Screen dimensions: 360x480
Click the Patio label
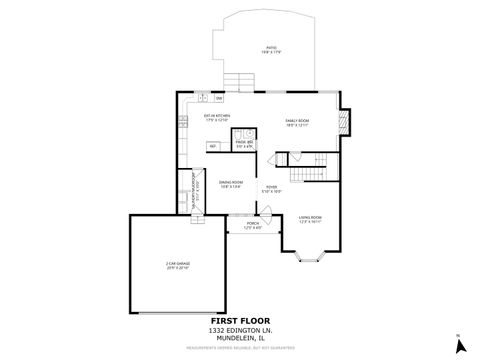pyautogui.click(x=267, y=50)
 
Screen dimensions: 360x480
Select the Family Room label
pyautogui.click(x=297, y=122)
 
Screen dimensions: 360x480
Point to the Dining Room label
pyautogui.click(x=231, y=183)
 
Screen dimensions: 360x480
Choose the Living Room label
pyautogui.click(x=309, y=219)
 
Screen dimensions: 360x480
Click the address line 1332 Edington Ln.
pyautogui.click(x=242, y=331)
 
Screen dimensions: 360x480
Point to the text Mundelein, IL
pyautogui.click(x=242, y=340)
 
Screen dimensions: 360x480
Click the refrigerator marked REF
pyautogui.click(x=212, y=147)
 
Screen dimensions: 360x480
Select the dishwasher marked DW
pyautogui.click(x=219, y=98)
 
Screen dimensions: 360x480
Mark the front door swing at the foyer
pyautogui.click(x=264, y=213)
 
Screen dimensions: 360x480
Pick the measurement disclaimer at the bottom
pyautogui.click(x=242, y=350)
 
